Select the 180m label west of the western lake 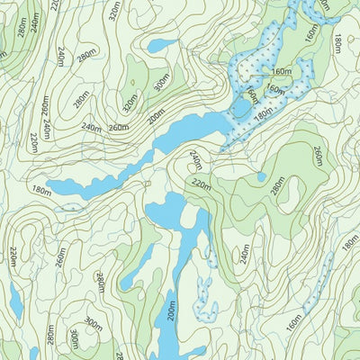[40, 190]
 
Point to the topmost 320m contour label [113, 10]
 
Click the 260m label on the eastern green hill [317, 157]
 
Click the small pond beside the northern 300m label [162, 45]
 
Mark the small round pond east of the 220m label [261, 177]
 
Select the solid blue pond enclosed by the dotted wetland [240, 109]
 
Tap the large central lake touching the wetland [189, 134]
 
